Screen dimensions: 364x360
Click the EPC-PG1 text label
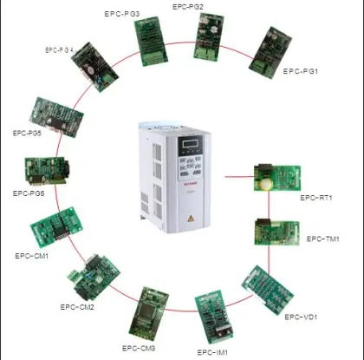click(301, 71)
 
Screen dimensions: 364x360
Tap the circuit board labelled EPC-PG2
click(208, 36)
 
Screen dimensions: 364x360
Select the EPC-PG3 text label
click(122, 14)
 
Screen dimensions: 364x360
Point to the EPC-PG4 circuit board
click(95, 67)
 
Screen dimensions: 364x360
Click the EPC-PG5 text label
click(27, 133)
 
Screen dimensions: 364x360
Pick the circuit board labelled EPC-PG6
click(47, 171)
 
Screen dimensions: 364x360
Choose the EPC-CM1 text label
click(32, 256)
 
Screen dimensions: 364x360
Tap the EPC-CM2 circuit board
click(94, 278)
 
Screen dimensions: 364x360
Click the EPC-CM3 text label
click(139, 348)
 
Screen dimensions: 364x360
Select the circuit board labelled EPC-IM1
click(214, 317)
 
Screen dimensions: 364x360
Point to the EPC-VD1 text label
click(301, 317)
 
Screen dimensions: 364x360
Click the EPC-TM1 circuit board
click(276, 232)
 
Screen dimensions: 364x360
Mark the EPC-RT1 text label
click(316, 198)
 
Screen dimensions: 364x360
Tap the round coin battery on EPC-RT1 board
click(265, 184)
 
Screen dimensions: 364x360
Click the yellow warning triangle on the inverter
click(191, 219)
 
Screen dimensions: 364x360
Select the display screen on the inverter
click(191, 143)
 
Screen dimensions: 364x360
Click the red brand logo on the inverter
click(190, 183)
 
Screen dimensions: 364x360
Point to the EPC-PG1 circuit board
click(270, 52)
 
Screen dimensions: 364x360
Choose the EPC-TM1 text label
click(322, 239)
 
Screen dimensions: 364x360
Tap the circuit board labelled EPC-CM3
click(148, 315)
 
